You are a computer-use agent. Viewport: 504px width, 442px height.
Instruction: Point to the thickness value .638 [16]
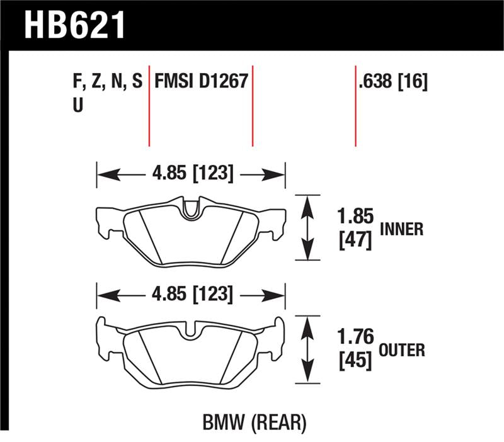point(392,82)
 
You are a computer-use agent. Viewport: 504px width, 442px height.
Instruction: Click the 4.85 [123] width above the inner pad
point(190,173)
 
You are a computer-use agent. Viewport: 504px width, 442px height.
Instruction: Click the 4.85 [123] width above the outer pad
point(190,294)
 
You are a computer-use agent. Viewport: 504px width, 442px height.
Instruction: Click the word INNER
point(401,230)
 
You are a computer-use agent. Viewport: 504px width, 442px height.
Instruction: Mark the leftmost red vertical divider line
point(149,104)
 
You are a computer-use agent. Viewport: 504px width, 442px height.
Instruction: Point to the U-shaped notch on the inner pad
point(190,211)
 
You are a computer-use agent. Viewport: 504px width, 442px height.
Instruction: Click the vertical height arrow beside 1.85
point(307,227)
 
